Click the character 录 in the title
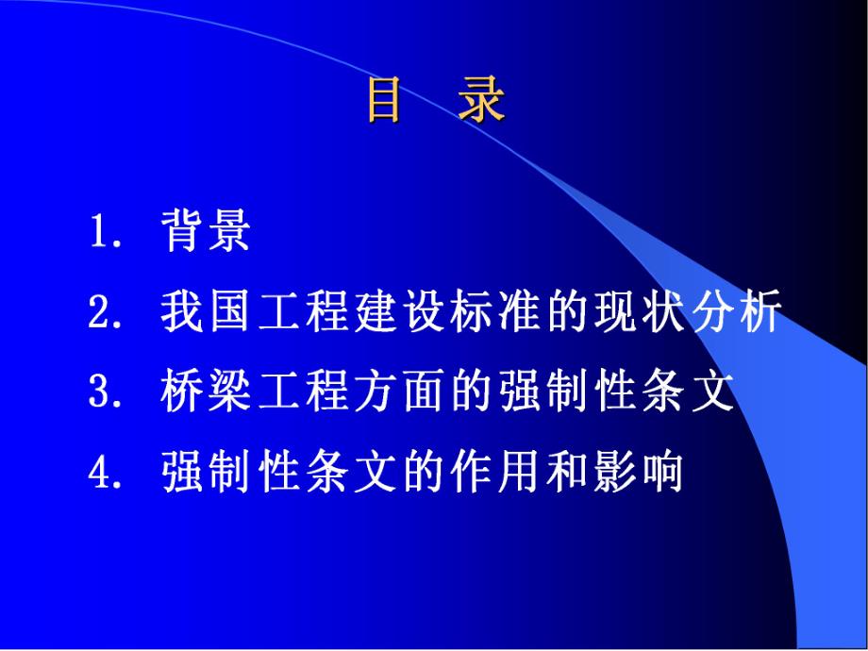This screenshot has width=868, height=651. coord(482,101)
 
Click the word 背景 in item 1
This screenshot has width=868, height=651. coord(206,231)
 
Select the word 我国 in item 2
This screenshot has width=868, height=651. coord(208,312)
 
